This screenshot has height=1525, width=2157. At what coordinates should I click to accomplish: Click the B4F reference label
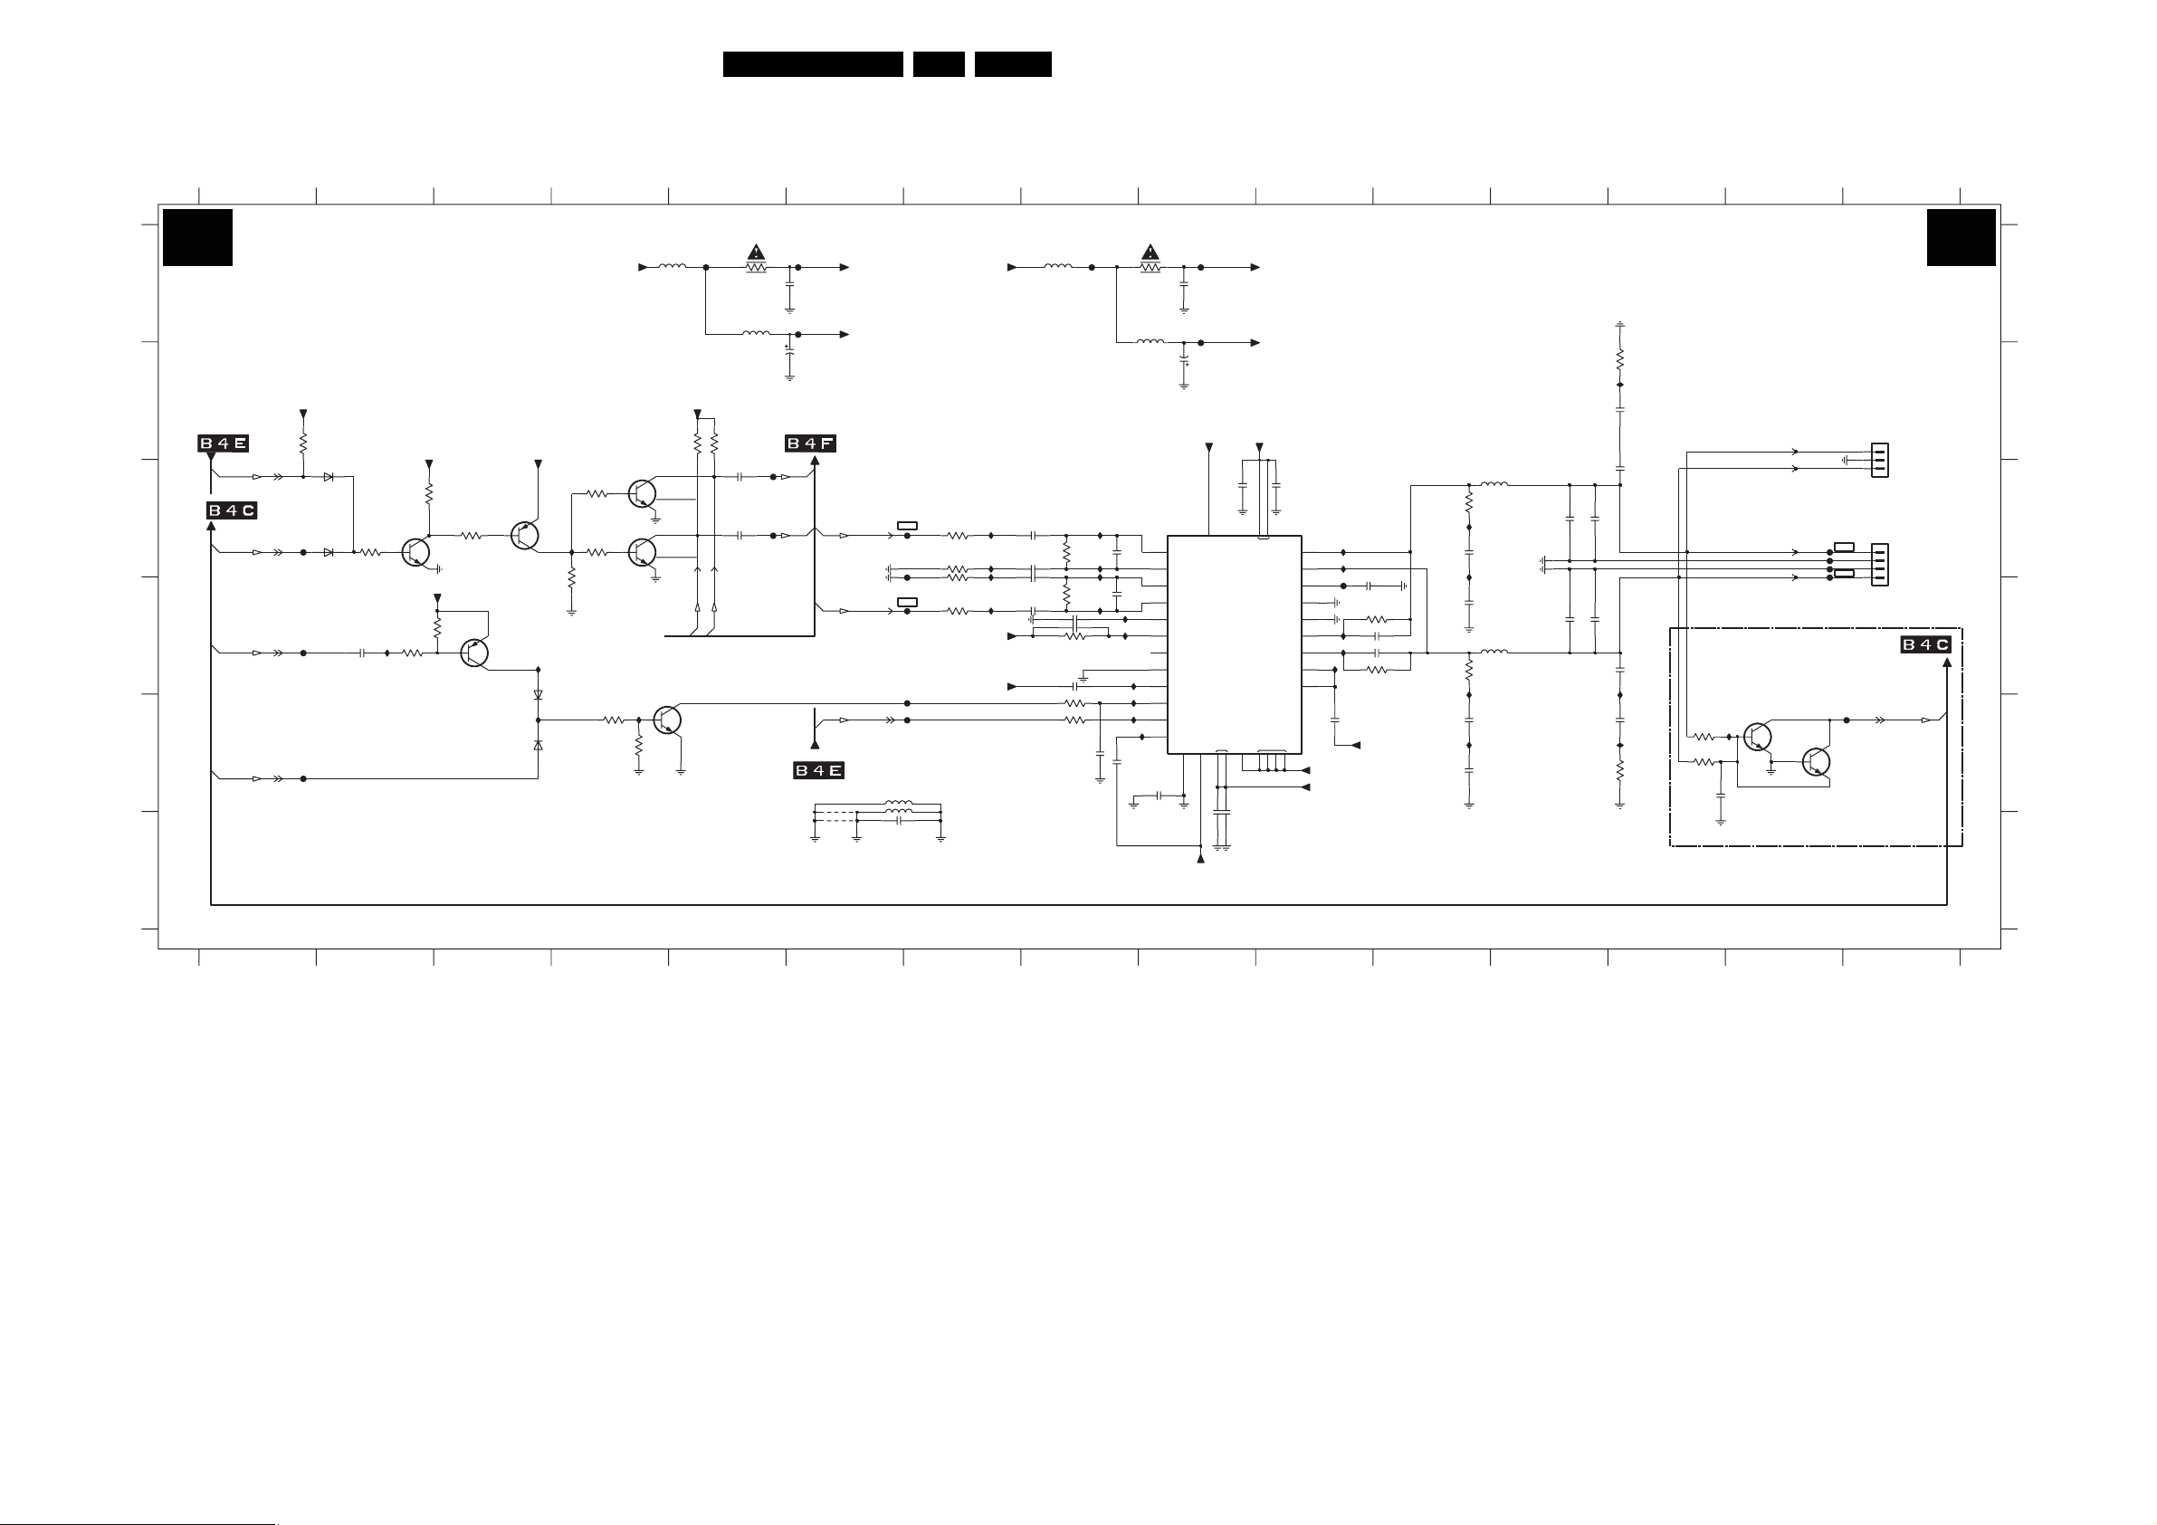click(x=810, y=443)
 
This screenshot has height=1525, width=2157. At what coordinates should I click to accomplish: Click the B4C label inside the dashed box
click(x=1925, y=644)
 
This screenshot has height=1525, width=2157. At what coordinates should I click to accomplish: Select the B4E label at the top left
click(x=223, y=443)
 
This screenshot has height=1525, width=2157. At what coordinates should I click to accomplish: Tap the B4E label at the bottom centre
click(x=818, y=770)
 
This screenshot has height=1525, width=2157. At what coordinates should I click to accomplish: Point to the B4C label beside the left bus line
click(x=231, y=510)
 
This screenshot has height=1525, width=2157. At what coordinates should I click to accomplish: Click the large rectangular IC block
click(x=1234, y=644)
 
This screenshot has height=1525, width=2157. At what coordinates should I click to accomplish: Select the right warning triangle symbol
click(x=1150, y=252)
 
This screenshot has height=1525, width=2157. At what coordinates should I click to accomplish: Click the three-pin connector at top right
click(x=1879, y=461)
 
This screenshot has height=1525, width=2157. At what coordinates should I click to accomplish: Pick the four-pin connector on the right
click(x=1879, y=565)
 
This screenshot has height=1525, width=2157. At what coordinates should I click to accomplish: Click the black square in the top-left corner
click(x=197, y=238)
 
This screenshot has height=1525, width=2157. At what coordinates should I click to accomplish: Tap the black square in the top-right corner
click(x=1961, y=238)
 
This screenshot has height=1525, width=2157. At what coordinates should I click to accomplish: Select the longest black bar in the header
click(x=813, y=64)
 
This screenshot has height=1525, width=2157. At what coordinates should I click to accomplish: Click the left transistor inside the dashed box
click(x=1756, y=737)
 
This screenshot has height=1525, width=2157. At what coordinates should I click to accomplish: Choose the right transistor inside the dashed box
click(x=1816, y=762)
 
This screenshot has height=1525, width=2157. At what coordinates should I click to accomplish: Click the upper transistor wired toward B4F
click(x=643, y=493)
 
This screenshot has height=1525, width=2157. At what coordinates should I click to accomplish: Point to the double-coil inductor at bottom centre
click(x=898, y=805)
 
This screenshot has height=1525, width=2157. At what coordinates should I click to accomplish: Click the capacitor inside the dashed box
click(x=1720, y=795)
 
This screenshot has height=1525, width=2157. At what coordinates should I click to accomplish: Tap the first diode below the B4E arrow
click(x=328, y=477)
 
